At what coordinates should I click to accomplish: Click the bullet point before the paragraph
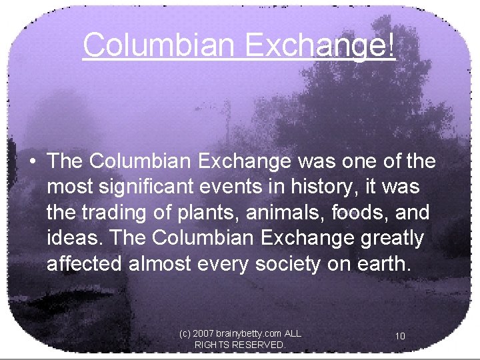(32, 162)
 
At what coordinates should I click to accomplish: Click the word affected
(84, 263)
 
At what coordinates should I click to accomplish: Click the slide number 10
(400, 336)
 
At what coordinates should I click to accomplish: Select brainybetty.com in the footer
(248, 332)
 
